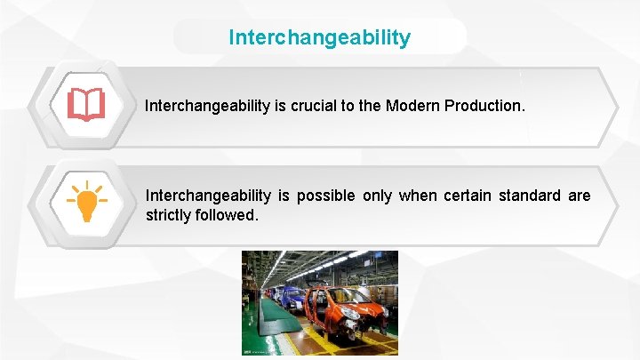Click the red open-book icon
click(86, 105)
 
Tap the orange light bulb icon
click(86, 202)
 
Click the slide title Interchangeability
click(320, 37)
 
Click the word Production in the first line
click(485, 106)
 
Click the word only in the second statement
click(377, 196)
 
